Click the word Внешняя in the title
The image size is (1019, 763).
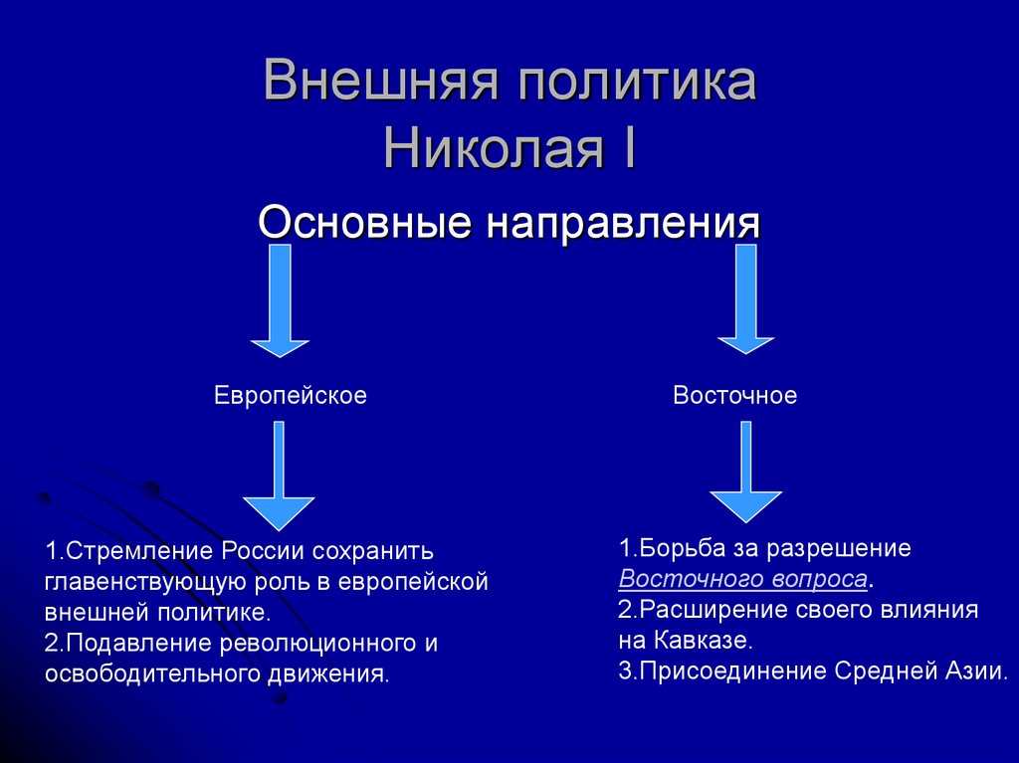point(378,84)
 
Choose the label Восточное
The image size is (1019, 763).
point(734,396)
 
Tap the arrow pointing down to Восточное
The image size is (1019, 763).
point(746,301)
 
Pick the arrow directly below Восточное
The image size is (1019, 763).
point(745,473)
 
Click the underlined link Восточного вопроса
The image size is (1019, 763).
point(742,579)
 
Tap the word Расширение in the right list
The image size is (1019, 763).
point(696,609)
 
